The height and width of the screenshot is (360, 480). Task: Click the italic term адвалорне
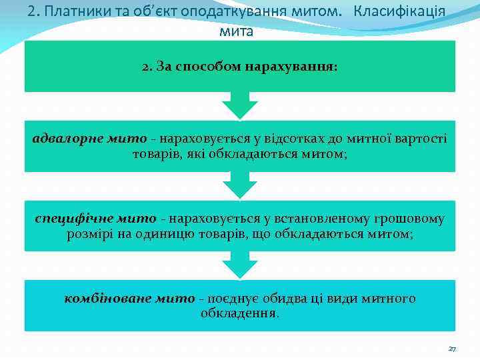65,138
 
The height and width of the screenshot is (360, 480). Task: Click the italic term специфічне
73,218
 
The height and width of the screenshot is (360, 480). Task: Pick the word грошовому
413,218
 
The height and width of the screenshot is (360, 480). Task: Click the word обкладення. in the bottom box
240,313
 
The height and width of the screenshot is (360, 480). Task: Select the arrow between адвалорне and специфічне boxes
239,185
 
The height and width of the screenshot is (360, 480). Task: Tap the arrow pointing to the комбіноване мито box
239,265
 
